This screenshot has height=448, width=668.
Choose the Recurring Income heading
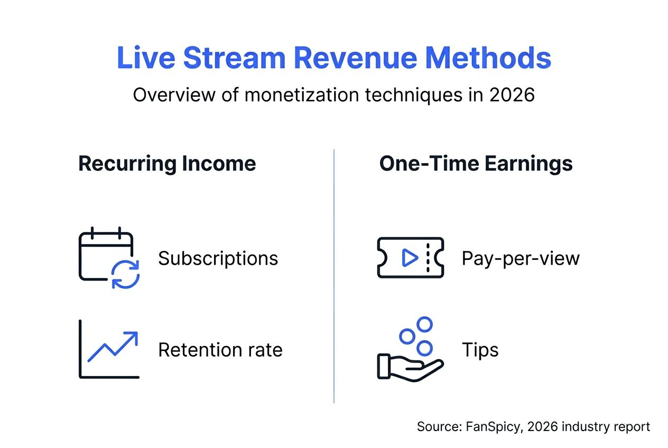(167, 163)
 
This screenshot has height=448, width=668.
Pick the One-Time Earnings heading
(476, 163)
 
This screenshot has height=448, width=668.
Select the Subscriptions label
(218, 258)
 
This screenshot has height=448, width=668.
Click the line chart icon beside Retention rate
(109, 349)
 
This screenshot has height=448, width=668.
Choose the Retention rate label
(220, 350)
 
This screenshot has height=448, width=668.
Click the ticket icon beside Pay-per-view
(410, 258)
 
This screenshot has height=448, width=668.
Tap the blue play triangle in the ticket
(409, 258)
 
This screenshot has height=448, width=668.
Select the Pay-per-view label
(521, 258)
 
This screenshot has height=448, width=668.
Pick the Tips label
(480, 350)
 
